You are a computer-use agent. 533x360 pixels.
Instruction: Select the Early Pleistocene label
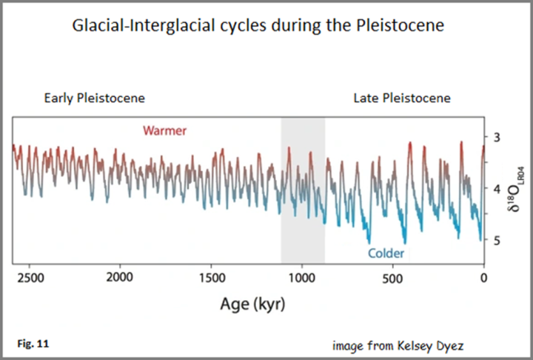pos(94,98)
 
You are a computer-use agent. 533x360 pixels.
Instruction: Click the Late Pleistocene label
pos(402,98)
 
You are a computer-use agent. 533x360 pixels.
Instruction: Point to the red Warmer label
pos(164,131)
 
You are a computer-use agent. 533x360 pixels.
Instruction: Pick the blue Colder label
pos(386,253)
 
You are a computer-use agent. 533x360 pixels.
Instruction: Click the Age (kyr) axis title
pos(252,304)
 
